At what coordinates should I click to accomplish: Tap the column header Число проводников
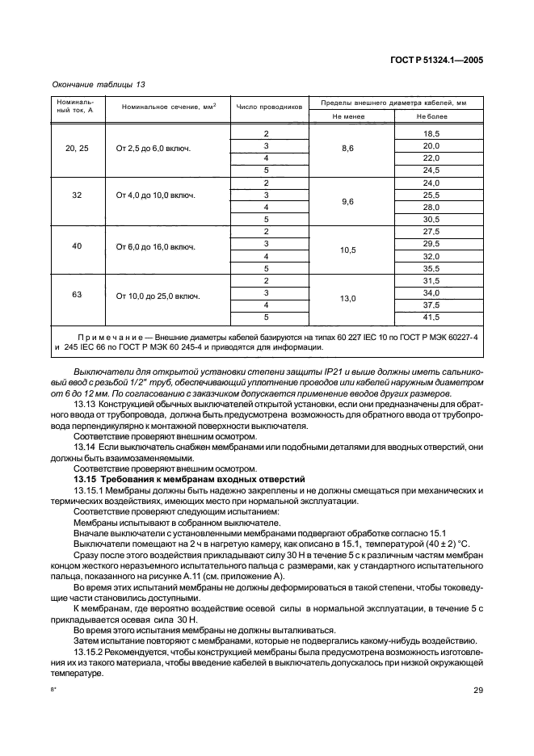point(268,107)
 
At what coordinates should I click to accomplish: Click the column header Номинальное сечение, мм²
point(169,107)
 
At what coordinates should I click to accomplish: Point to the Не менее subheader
point(348,116)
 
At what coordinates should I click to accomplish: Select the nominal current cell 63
point(77,295)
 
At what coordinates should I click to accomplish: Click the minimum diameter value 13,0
point(348,298)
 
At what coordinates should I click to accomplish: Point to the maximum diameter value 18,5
point(431,133)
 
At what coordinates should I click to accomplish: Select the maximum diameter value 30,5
point(431,219)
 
